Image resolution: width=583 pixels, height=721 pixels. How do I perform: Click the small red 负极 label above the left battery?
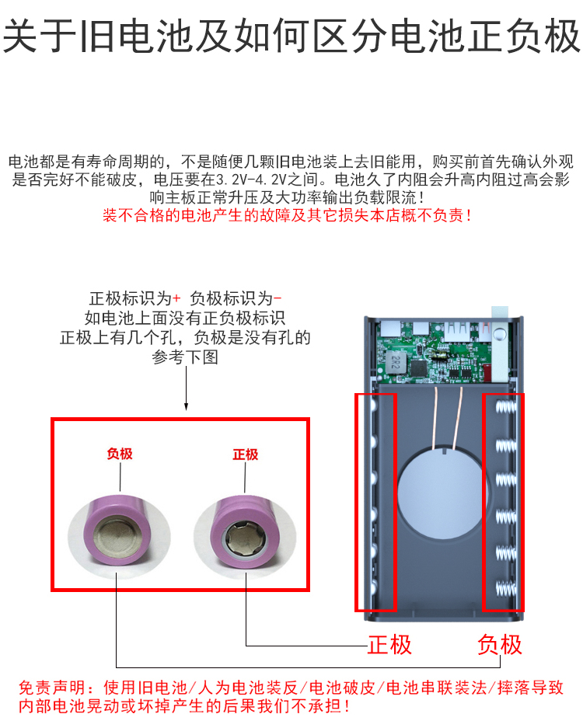120,453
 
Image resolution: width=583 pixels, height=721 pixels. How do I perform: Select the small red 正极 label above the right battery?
245,455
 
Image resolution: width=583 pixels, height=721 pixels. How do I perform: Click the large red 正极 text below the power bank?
389,644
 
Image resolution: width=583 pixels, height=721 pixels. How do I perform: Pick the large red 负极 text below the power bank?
500,644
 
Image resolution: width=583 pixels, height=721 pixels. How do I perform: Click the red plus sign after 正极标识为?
176,298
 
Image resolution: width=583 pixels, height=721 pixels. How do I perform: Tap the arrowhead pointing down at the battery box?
186,406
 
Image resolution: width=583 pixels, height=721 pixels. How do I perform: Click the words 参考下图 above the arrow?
186,357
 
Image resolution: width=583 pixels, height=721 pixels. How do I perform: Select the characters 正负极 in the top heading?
525,37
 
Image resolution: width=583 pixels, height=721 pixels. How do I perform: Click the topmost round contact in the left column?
373,406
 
